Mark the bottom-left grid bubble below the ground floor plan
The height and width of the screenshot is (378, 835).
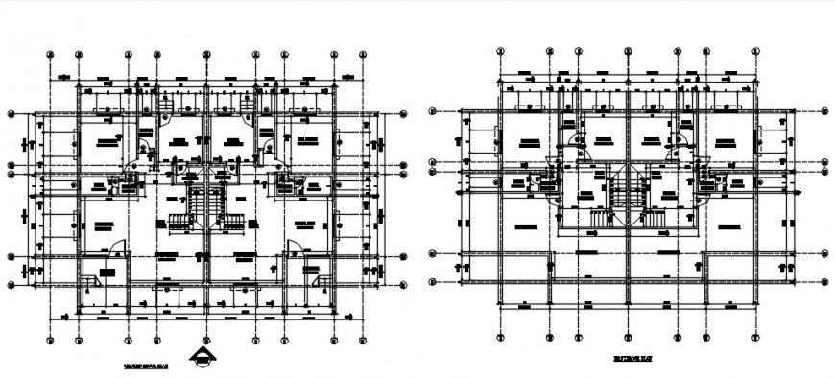click(49, 340)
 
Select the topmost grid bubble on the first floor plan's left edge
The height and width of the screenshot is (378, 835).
click(433, 112)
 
